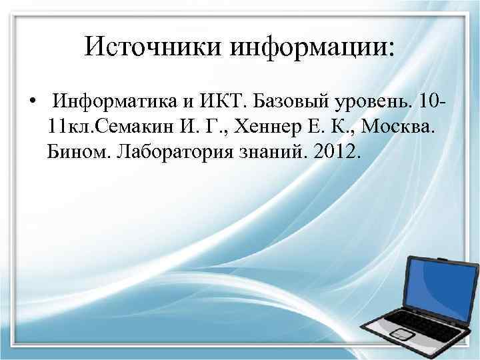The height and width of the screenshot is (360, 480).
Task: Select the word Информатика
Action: click(118, 103)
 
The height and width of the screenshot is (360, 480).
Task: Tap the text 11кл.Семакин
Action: click(107, 128)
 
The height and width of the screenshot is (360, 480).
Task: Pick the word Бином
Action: click(79, 153)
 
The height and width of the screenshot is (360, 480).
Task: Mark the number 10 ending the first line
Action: click(433, 103)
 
